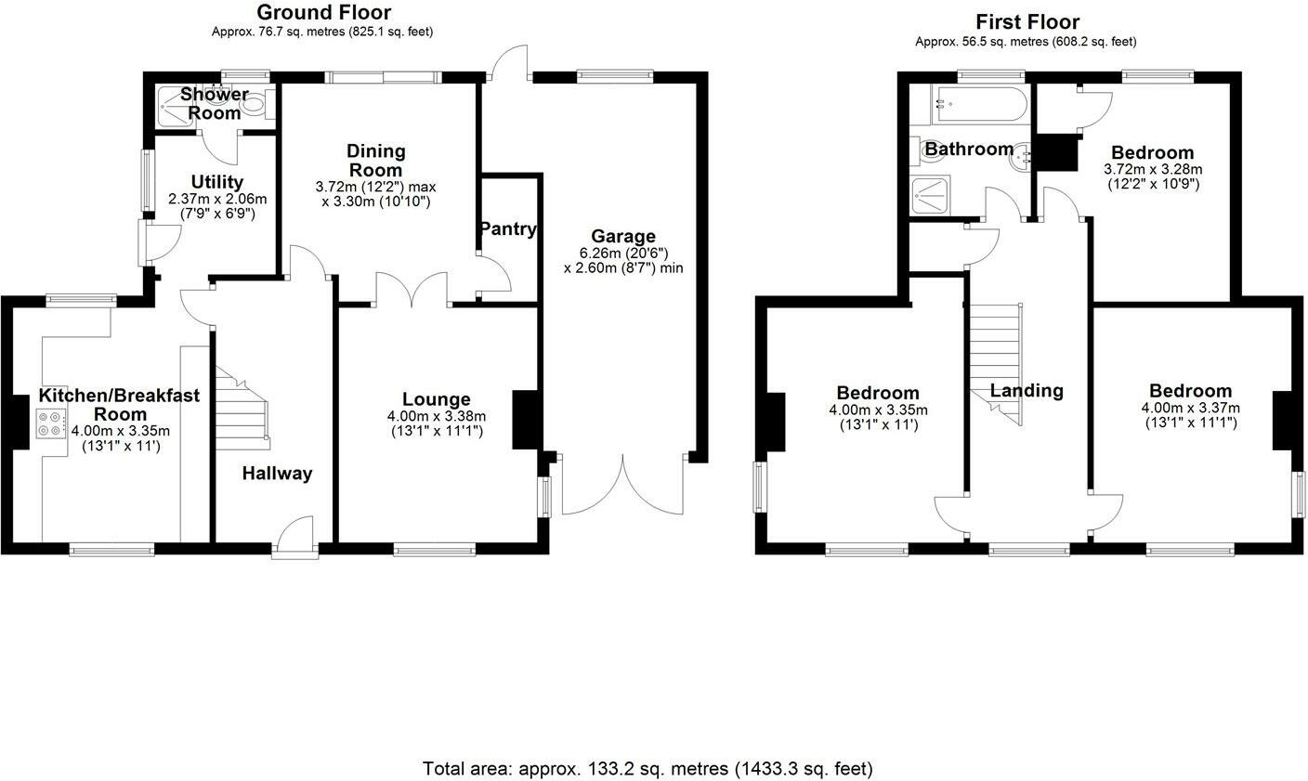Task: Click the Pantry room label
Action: click(x=508, y=228)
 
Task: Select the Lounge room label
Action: click(x=436, y=400)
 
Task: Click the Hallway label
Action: click(x=277, y=474)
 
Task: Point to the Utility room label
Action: click(x=216, y=182)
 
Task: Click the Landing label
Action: click(x=1026, y=391)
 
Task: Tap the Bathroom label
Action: click(x=968, y=150)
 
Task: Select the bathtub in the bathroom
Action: click(x=980, y=103)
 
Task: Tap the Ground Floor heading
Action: click(x=323, y=12)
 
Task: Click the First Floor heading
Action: click(x=1027, y=21)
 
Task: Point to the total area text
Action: click(x=647, y=769)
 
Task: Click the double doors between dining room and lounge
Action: click(x=412, y=289)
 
